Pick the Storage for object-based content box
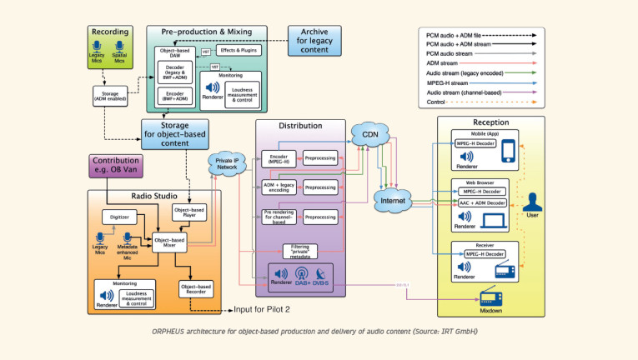174,132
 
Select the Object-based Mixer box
169,242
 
